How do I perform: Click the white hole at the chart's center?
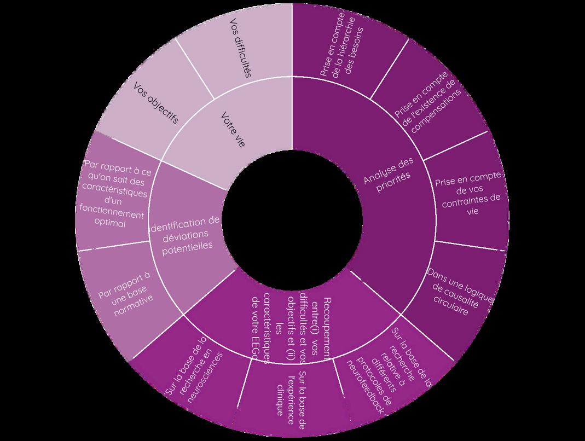pyautogui.click(x=292, y=219)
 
